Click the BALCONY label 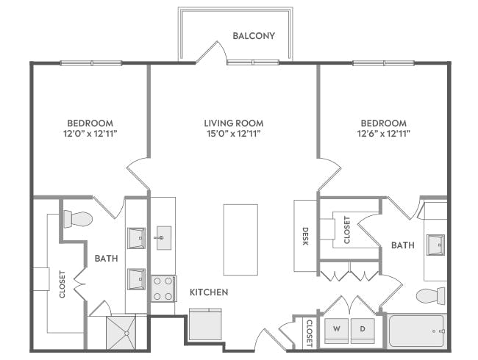(x=254, y=35)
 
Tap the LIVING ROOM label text (x=234, y=123)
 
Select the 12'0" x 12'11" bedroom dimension (x=90, y=134)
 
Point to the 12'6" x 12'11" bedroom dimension (x=383, y=134)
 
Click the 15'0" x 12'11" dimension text (x=234, y=134)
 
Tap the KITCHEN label (x=209, y=292)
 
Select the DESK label (x=305, y=235)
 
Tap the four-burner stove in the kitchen (x=163, y=287)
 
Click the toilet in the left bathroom (x=76, y=219)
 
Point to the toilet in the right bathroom (x=430, y=295)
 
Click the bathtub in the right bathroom (x=416, y=331)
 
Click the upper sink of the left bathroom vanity (x=137, y=238)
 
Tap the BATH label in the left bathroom (x=107, y=258)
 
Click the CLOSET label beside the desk (x=347, y=230)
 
